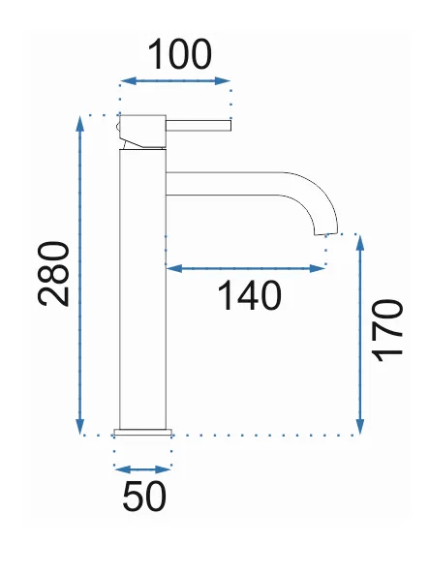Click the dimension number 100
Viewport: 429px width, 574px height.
point(179,54)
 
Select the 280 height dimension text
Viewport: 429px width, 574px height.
point(53,274)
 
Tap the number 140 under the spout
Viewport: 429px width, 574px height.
point(250,295)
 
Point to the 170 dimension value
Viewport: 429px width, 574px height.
point(386,331)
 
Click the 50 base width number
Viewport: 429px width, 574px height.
point(144,496)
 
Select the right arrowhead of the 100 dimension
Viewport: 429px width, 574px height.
point(223,81)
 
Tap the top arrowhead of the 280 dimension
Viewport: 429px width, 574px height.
point(79,124)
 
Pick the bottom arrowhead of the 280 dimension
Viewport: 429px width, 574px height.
point(79,427)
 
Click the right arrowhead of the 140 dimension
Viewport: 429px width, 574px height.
point(318,269)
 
